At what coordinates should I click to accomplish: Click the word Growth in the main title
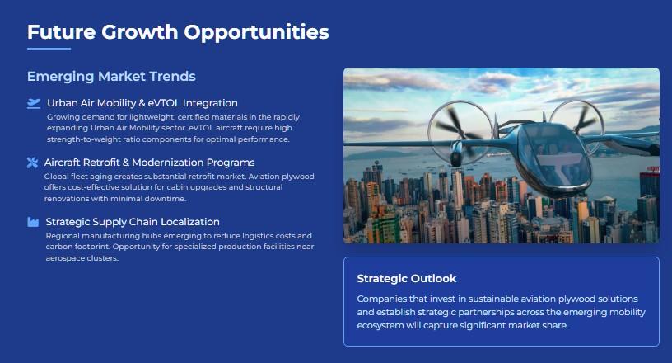(x=139, y=32)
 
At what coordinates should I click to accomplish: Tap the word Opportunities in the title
(x=256, y=33)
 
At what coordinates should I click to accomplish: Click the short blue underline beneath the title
(x=49, y=49)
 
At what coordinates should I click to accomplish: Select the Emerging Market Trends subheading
(x=111, y=76)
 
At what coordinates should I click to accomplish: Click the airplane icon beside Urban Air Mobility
(x=34, y=103)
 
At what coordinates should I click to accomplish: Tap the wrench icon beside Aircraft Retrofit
(x=32, y=163)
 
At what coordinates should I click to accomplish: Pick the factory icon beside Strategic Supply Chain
(x=33, y=222)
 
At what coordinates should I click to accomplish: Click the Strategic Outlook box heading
(x=407, y=278)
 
